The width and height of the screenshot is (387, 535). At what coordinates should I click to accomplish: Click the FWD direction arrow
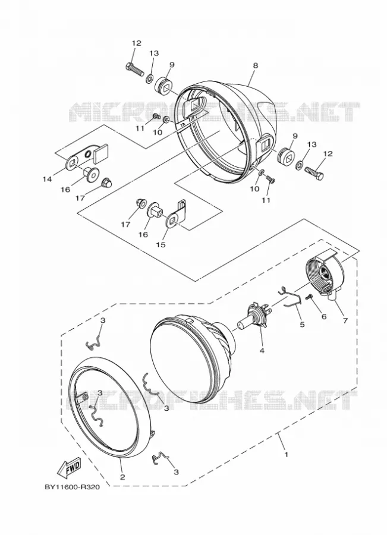69,467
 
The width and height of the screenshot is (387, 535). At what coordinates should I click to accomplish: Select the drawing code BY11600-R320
72,487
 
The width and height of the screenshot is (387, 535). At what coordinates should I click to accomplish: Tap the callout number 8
256,65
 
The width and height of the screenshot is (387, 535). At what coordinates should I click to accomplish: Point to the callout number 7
345,320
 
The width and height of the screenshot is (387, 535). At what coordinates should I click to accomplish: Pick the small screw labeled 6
310,298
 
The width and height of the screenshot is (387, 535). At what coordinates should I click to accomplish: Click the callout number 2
122,477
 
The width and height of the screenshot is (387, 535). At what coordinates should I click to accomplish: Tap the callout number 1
287,455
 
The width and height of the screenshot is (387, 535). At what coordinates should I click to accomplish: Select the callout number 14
47,178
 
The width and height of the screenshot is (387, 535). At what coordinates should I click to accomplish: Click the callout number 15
161,245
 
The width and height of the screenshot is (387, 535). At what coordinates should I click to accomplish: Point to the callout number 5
302,324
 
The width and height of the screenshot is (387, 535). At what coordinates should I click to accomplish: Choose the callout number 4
262,350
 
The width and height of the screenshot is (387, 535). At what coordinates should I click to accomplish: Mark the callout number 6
323,316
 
